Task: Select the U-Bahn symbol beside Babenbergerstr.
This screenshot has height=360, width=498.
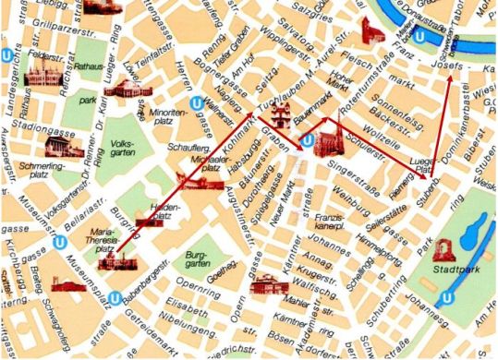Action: tap(115, 298)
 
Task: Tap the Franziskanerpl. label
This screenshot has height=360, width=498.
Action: tap(330, 222)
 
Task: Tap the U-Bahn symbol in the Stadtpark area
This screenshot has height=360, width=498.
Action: tap(444, 297)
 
